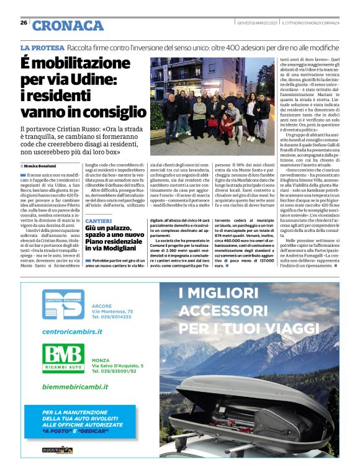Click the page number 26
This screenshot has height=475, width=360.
[x=24, y=22]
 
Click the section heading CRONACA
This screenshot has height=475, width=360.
[x=68, y=25]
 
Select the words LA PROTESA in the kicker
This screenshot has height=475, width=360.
[x=42, y=48]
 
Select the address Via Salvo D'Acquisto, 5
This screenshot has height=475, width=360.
[x=117, y=366]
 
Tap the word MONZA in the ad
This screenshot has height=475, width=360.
[x=100, y=360]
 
